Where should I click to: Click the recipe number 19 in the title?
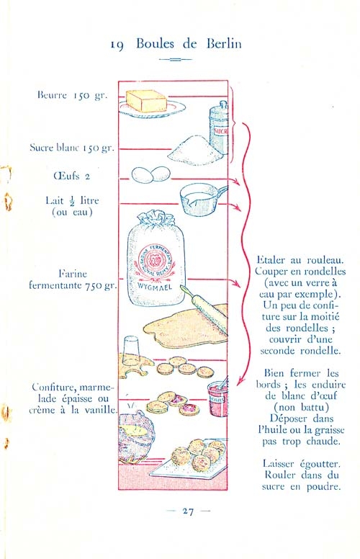117,45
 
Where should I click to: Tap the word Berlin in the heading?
224,43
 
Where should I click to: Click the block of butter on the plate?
145,101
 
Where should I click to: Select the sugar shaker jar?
218,128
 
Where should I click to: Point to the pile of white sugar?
194,151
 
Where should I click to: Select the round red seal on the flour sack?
155,261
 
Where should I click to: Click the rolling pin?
204,308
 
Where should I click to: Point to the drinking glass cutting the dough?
131,351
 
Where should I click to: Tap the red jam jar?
217,398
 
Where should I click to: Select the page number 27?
188,511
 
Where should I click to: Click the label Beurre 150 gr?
72,95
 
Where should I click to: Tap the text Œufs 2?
72,176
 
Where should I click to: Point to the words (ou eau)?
72,213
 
